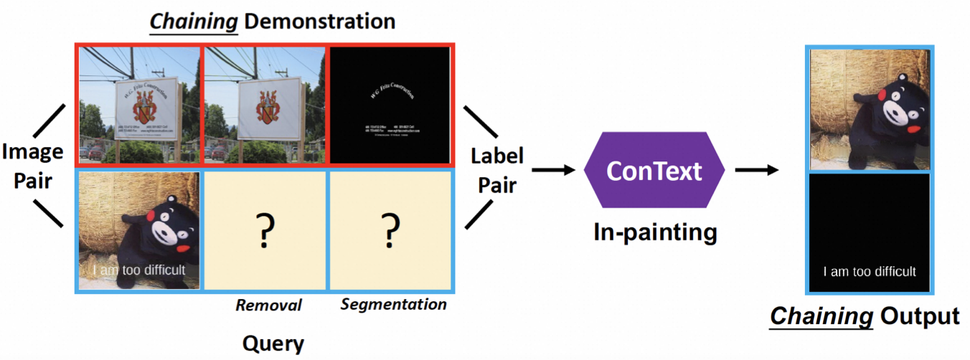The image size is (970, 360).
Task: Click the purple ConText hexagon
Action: click(x=654, y=170)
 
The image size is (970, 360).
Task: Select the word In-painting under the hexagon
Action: click(x=654, y=232)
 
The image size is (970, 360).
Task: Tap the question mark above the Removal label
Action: click(x=265, y=230)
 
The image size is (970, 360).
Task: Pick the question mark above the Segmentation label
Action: click(x=390, y=230)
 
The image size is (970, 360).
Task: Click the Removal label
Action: click(x=268, y=305)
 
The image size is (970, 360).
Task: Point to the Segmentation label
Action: click(x=393, y=305)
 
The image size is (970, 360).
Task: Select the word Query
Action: click(x=273, y=344)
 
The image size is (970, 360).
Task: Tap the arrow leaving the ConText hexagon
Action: click(x=757, y=170)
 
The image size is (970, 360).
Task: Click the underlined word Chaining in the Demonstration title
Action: click(x=193, y=21)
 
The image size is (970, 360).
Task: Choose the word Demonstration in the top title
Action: click(x=319, y=21)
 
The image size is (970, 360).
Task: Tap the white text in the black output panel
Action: click(x=869, y=272)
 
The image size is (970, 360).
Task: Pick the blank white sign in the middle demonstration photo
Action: click(x=265, y=108)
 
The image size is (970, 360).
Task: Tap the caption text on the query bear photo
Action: click(x=138, y=270)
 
